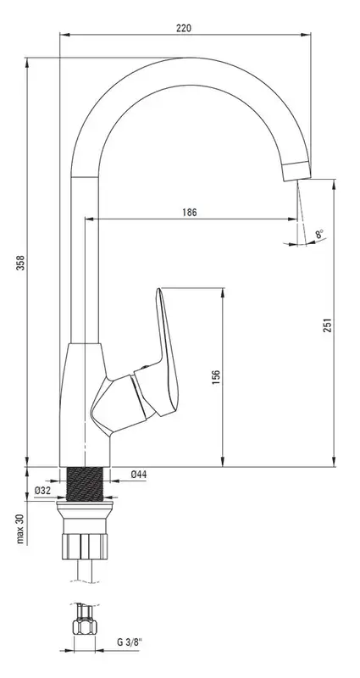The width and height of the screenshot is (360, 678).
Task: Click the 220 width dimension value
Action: coord(184,28)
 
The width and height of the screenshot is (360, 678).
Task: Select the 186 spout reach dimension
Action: coord(189,213)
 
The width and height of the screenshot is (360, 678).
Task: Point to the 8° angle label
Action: coord(320,235)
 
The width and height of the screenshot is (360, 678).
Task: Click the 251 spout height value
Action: coord(328,325)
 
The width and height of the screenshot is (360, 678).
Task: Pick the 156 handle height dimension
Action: coord(217,377)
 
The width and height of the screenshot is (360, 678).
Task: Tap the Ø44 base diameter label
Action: coord(139,475)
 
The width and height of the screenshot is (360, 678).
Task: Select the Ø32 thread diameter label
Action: coord(42,491)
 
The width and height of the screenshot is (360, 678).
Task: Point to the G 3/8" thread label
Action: coord(130,642)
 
